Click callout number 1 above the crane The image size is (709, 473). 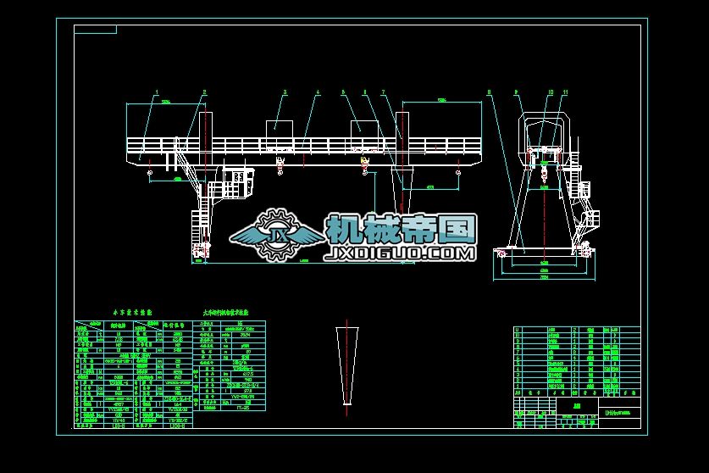point(157,92)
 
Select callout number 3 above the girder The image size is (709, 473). point(285,92)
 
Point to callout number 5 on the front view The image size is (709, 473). point(343,92)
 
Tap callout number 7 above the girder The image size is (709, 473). point(383,92)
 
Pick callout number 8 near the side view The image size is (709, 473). point(489,92)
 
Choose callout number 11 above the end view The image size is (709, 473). point(565,92)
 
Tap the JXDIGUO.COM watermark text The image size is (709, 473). point(400,253)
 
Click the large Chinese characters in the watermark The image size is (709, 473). point(400,227)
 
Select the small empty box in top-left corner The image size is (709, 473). point(95,30)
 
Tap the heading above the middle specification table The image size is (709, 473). point(225,313)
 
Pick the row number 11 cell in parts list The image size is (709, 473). point(518,331)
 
